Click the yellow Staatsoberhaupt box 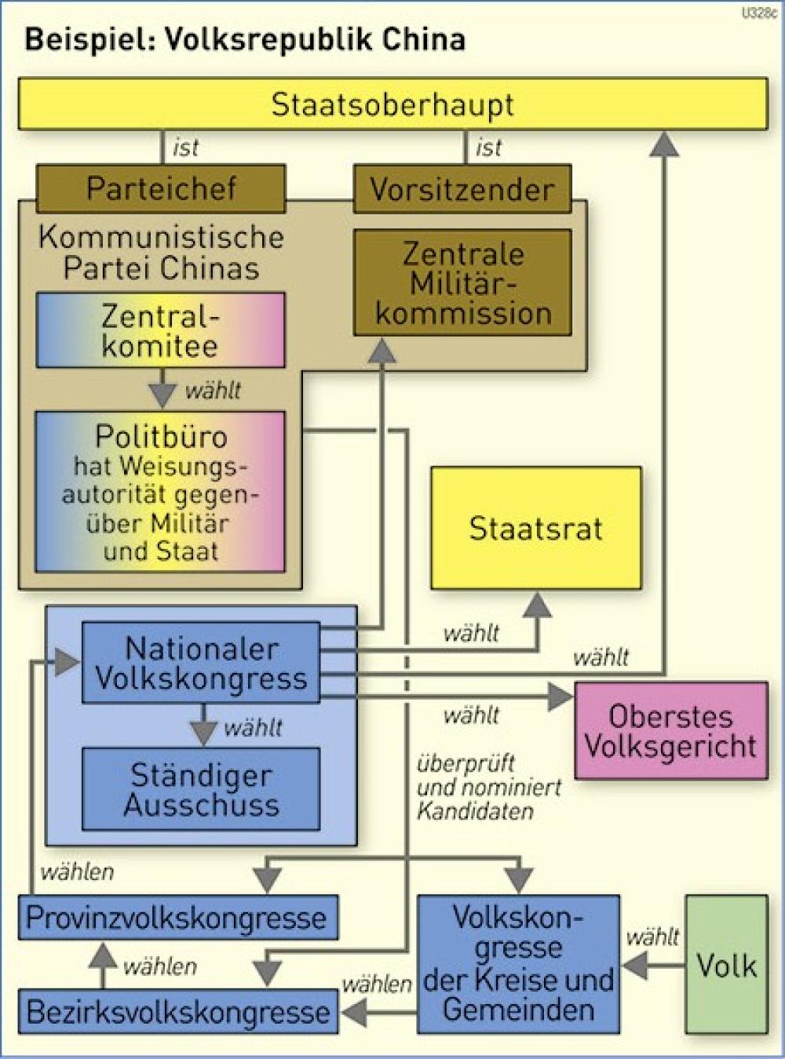[392, 104]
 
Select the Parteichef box [161, 189]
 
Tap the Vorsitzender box [462, 189]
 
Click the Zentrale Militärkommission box [462, 282]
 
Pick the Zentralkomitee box [160, 330]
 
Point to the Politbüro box [160, 492]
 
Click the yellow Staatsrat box [535, 528]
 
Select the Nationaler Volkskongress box [201, 663]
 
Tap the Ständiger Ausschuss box [201, 789]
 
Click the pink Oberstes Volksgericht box [671, 730]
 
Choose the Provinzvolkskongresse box [178, 918]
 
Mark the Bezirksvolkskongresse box [178, 1012]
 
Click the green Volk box [727, 965]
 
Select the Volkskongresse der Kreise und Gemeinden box [518, 964]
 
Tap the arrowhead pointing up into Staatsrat [538, 605]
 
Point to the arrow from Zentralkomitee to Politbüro [162, 388]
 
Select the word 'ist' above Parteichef [186, 147]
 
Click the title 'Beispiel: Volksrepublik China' [245, 39]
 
